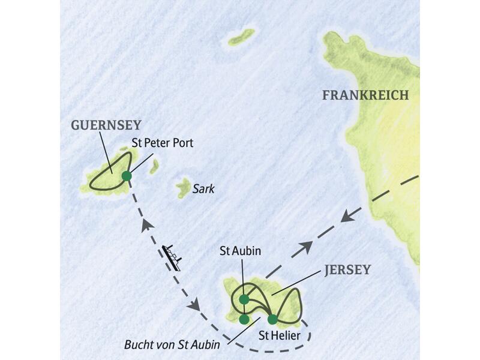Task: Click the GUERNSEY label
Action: [106, 125]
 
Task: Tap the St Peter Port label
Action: [163, 144]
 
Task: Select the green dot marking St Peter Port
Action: [127, 176]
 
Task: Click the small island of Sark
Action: [183, 188]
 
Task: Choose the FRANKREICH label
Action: [365, 95]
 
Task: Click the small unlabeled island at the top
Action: [241, 37]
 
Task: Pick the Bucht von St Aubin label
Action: [172, 346]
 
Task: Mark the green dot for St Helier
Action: [272, 319]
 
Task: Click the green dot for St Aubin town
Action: [244, 299]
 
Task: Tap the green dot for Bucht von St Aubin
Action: [244, 319]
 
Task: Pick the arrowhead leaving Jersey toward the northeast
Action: [306, 245]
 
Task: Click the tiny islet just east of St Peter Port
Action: [154, 166]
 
